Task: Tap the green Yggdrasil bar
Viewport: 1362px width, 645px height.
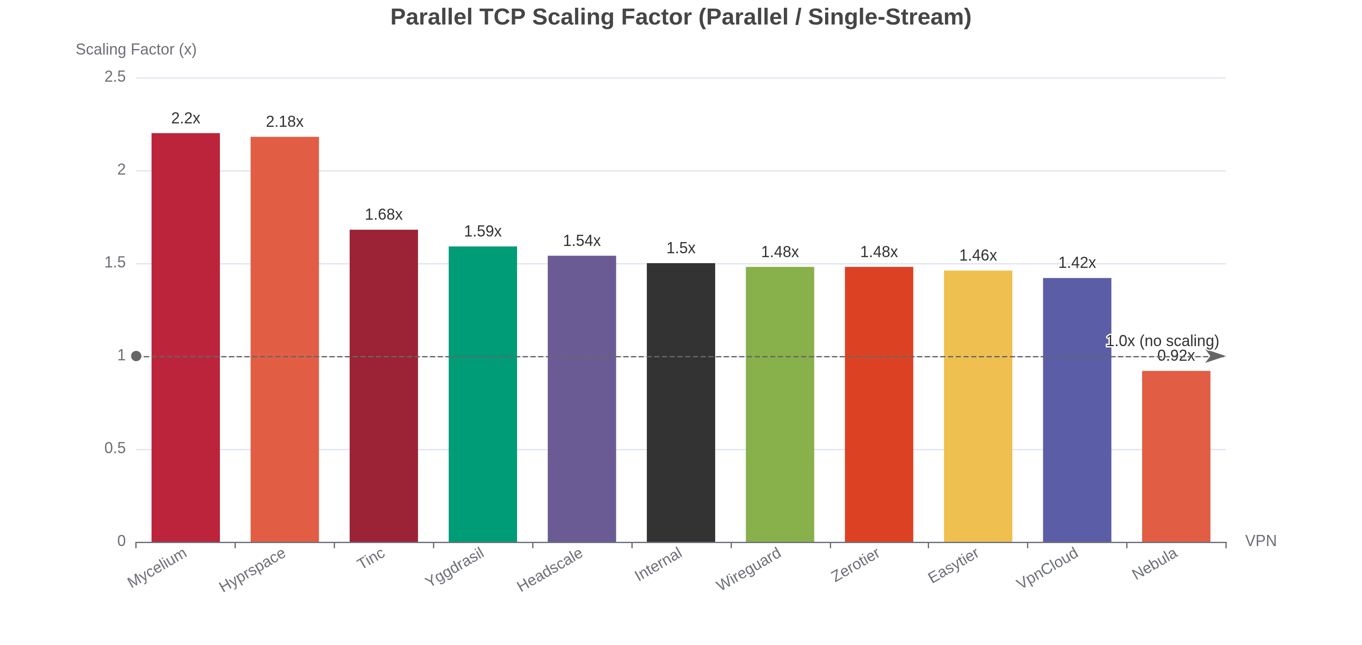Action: [483, 394]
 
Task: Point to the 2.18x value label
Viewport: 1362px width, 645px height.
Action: [284, 122]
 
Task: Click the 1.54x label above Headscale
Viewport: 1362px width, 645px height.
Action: [582, 241]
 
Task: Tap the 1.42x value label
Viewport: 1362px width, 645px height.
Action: [1077, 262]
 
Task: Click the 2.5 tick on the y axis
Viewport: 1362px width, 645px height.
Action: [115, 77]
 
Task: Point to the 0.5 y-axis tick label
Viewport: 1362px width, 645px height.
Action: [115, 448]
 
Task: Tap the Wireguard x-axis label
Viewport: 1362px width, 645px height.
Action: [748, 568]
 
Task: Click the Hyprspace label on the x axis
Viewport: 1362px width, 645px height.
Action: [253, 569]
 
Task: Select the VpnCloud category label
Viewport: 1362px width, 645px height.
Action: [1047, 567]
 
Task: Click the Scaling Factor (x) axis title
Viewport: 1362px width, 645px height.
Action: [136, 49]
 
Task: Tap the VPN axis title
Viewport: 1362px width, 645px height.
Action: [1261, 541]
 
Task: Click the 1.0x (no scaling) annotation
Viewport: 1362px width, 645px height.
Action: [1162, 341]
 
